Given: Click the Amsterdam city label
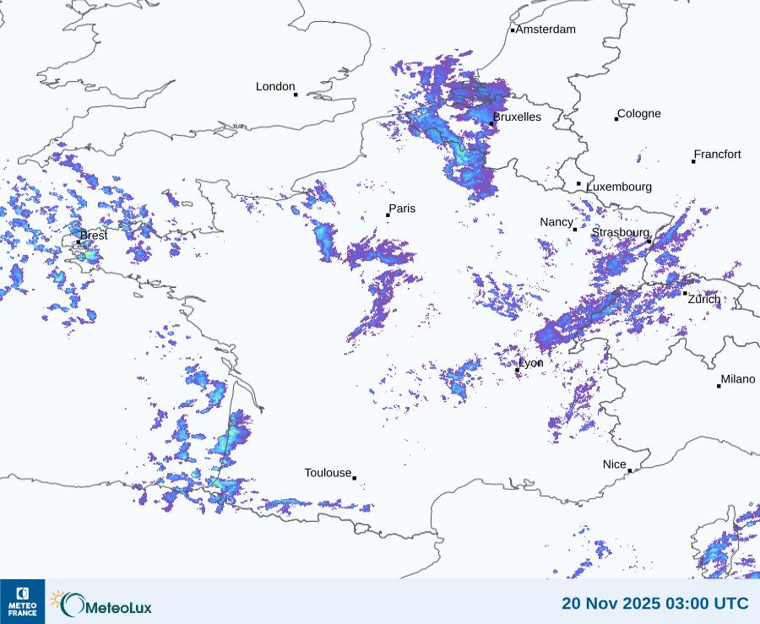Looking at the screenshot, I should point(546,30).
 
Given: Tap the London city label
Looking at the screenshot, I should point(275,87).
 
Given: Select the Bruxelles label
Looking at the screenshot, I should point(517,117).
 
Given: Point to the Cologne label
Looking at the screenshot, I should point(638,114).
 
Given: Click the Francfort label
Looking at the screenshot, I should point(717,155).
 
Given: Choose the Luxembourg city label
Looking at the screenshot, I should point(619,187).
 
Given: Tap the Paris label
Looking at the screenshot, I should point(402,209).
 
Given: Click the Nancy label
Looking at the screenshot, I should point(556,222).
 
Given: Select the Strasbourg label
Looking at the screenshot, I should point(620,232).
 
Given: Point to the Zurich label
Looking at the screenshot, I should point(704,299).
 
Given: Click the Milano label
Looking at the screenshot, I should point(737,379).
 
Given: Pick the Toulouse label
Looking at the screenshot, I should point(328,473).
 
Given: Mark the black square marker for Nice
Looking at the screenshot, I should point(629,470).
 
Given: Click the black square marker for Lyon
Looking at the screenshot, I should point(517,370).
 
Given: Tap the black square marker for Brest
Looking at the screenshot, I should point(79,242).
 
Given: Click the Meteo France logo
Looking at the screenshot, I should point(23,600).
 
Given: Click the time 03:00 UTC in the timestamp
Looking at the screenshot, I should point(707,604).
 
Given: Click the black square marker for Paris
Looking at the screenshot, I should point(388,215).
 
